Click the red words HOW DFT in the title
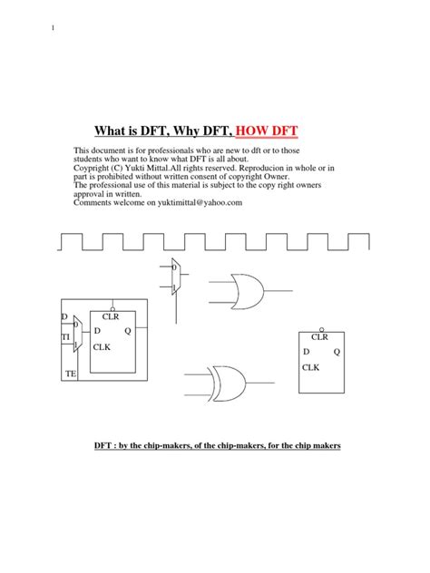click(269, 130)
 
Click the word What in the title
click(115, 130)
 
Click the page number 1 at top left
click(53, 27)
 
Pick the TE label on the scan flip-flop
click(72, 374)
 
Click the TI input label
click(65, 336)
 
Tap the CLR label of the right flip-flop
click(320, 336)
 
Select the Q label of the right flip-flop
click(337, 351)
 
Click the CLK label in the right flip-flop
click(311, 367)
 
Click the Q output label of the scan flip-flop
click(128, 331)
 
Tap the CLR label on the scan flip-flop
click(112, 316)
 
